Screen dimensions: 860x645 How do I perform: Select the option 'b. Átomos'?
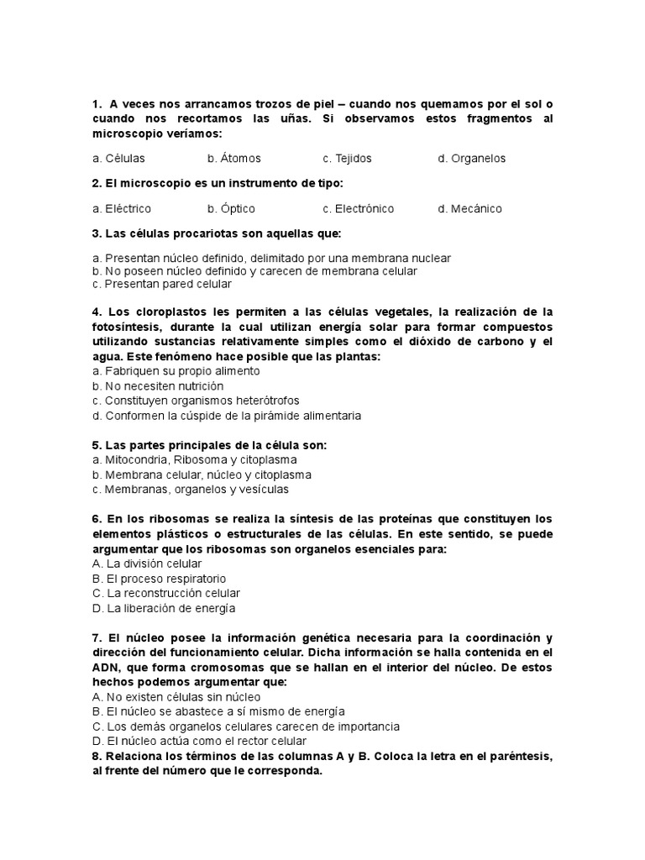[233, 158]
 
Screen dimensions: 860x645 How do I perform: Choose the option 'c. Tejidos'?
[347, 158]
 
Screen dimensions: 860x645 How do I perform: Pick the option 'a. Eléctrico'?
[122, 208]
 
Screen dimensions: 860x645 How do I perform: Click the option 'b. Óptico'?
[231, 208]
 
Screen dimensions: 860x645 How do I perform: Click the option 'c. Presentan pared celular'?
[162, 284]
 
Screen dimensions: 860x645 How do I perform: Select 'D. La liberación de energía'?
[164, 608]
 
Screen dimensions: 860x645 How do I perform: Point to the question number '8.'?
[97, 757]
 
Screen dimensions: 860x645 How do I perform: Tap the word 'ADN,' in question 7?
[107, 667]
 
